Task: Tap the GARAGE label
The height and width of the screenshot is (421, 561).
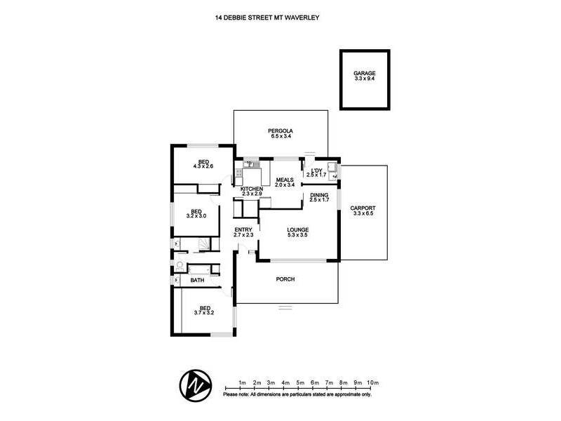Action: pos(365,73)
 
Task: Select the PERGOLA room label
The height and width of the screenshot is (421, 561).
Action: pos(280,131)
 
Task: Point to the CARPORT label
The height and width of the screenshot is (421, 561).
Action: pos(364,208)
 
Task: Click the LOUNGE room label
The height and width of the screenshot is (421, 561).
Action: pos(297,229)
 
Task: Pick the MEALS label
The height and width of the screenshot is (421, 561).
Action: pos(284,180)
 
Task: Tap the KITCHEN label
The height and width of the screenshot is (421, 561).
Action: pos(252,190)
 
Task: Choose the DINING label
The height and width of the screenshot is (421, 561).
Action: pos(319,195)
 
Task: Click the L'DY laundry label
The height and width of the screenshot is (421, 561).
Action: pos(316,171)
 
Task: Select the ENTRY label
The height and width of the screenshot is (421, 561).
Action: pos(243,230)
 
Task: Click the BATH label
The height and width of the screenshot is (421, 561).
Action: pos(198,281)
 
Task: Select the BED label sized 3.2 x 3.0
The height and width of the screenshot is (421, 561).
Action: pos(197,211)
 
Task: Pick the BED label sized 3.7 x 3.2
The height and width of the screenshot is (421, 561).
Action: pos(205,307)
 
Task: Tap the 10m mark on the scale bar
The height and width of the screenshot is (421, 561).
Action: pos(372,382)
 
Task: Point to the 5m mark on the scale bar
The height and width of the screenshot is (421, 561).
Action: pos(299,382)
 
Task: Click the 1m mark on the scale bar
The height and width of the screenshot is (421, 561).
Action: pos(242,382)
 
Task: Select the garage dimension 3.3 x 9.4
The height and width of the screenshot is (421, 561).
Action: pos(365,79)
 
